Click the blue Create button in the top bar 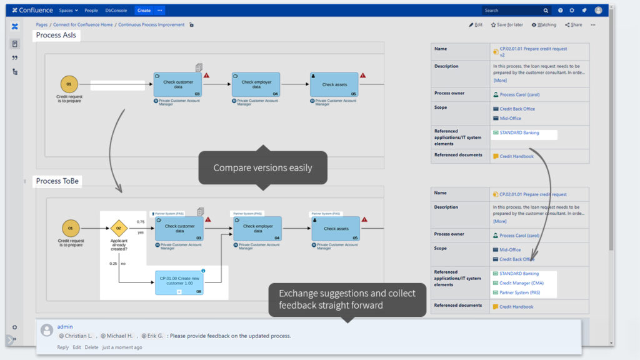(x=144, y=11)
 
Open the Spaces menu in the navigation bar (x=68, y=11)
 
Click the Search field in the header (x=512, y=11)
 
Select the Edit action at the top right (x=476, y=25)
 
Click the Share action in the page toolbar (x=573, y=25)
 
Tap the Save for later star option (x=507, y=25)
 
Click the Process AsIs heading (x=56, y=36)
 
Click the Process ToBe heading (x=57, y=181)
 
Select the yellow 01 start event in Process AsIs (x=69, y=84)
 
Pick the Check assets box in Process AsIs (x=334, y=84)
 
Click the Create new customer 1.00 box (x=179, y=282)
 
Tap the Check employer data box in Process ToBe (x=257, y=229)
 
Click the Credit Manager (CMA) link (x=521, y=283)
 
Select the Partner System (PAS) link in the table (x=519, y=292)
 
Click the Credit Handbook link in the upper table (x=516, y=156)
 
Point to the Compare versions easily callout (x=262, y=167)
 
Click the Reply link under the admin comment (x=62, y=347)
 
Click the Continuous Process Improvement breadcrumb (x=151, y=25)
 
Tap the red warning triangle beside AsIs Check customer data (x=207, y=75)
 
